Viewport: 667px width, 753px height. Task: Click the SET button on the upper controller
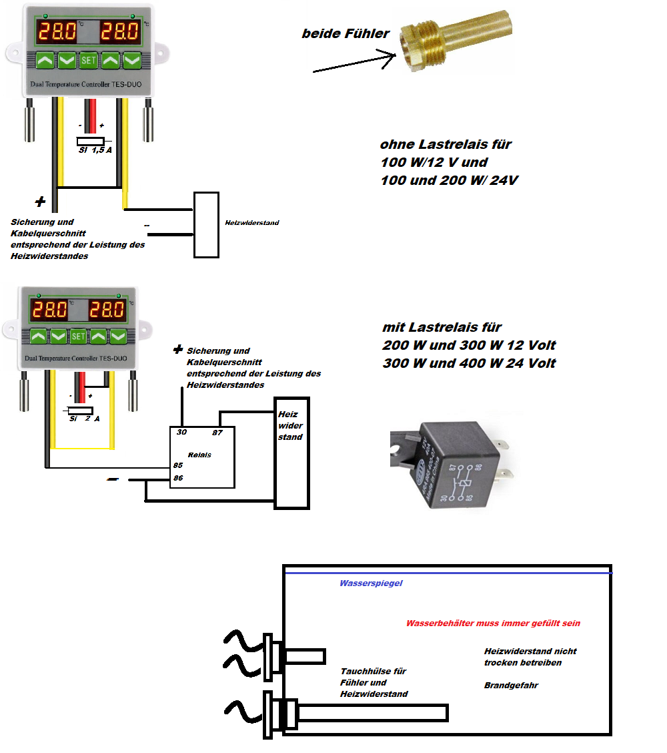89,60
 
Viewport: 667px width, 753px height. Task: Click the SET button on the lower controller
78,336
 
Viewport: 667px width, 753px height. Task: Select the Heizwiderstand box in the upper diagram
206,224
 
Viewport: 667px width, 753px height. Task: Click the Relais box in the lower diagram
201,457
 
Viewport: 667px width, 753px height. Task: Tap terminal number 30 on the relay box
181,433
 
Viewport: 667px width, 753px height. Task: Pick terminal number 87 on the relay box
217,433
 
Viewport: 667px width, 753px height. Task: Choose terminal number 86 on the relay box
178,478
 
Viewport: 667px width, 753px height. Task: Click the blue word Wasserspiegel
371,583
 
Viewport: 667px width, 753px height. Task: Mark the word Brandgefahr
511,686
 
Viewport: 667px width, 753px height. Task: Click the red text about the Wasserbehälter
493,623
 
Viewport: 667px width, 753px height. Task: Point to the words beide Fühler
346,34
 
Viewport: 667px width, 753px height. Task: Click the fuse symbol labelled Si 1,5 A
91,141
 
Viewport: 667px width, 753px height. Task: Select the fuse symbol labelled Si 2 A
81,410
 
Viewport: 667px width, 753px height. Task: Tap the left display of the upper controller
57,31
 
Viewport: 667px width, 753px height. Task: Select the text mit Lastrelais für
442,328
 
